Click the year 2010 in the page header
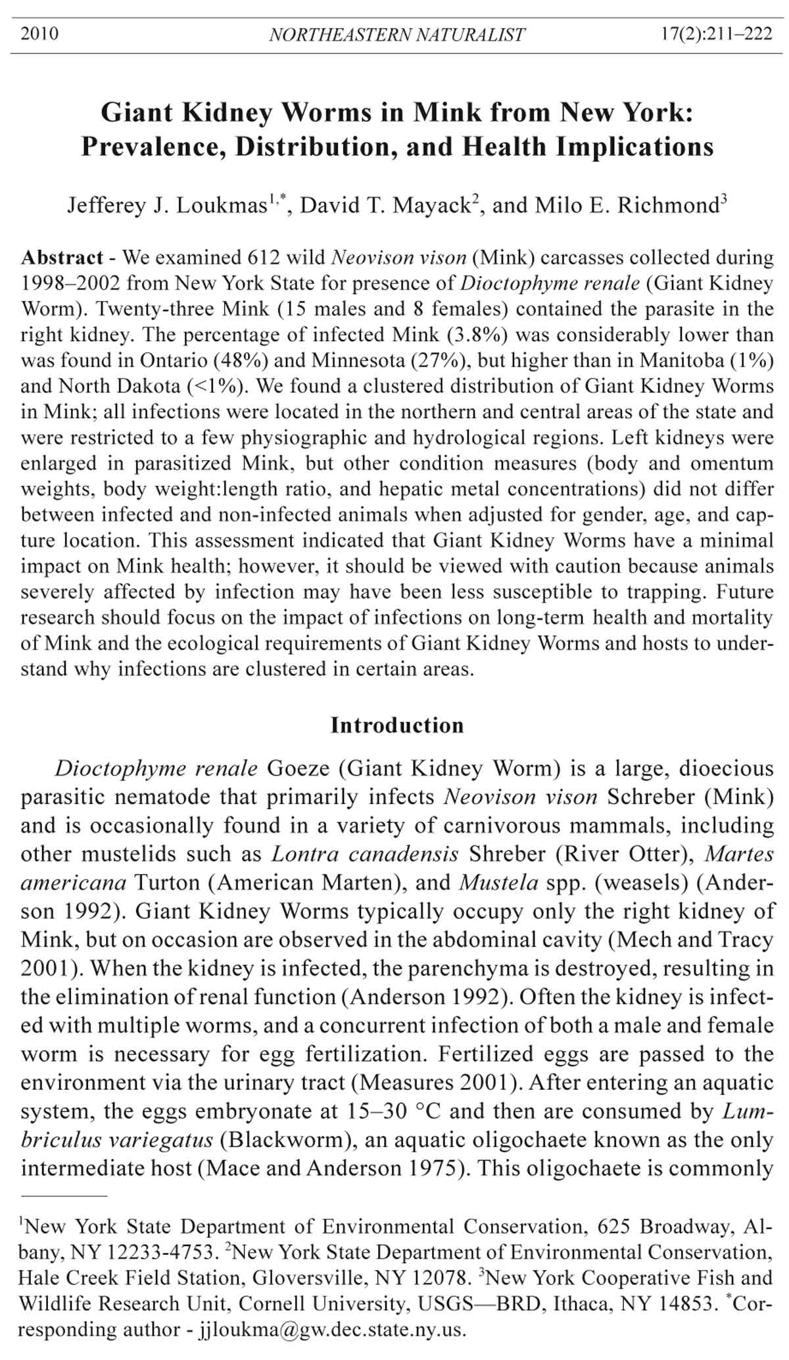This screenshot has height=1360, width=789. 39,34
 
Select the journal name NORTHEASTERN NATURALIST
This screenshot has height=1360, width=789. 396,35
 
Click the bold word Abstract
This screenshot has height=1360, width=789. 62,257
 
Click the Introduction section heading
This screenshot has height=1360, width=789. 396,725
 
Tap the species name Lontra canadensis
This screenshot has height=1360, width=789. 365,854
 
